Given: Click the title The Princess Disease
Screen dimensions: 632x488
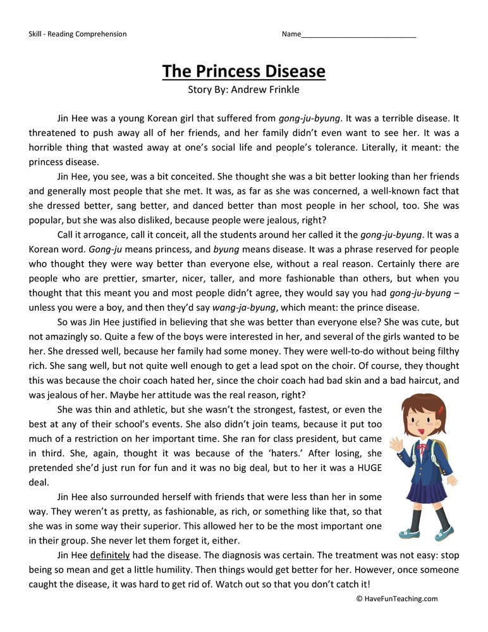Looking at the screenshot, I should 243,71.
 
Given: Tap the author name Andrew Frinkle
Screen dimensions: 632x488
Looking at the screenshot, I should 265,89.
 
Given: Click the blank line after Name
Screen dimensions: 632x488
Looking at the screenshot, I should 358,35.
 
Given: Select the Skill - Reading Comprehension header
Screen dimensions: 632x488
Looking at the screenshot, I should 77,34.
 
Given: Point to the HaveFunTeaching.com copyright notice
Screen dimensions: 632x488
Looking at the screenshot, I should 396,599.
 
